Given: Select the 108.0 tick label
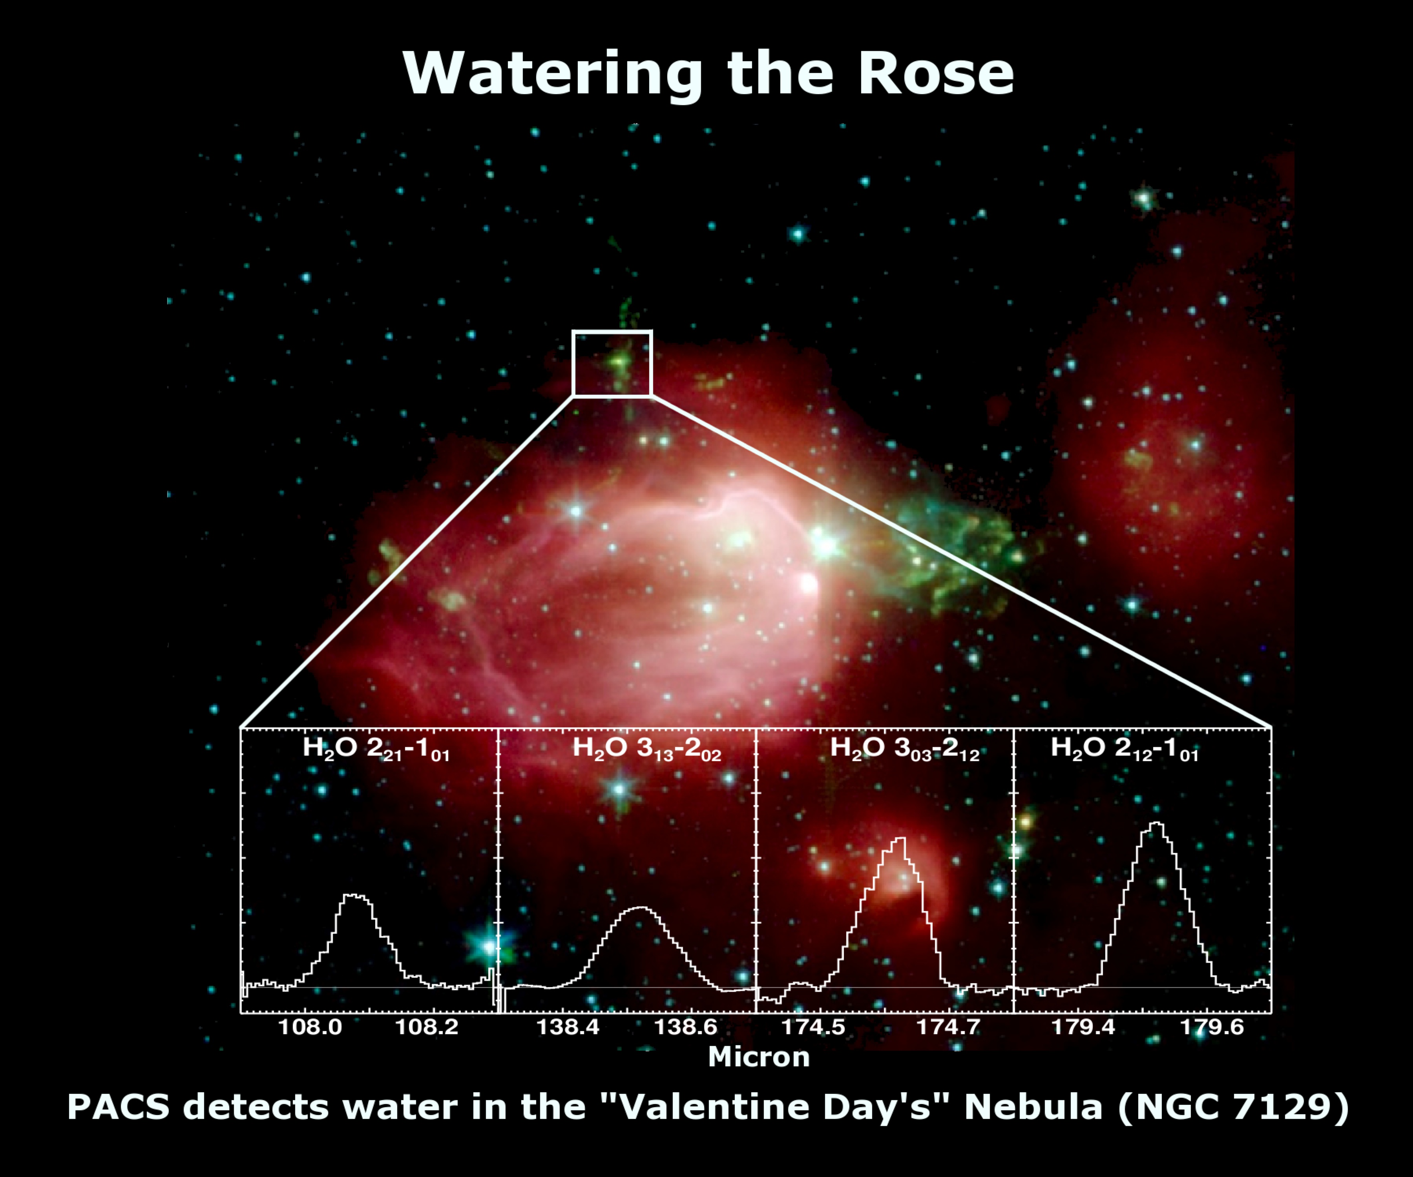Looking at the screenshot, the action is (310, 1027).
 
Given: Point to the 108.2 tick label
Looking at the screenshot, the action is (427, 1027).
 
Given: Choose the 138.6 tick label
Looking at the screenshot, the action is (686, 1027).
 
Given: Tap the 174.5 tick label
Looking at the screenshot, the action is (813, 1027).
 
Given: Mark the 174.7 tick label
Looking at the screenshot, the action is (949, 1027).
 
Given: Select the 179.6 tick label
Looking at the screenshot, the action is (1212, 1027).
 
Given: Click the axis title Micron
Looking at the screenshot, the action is (759, 1057).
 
